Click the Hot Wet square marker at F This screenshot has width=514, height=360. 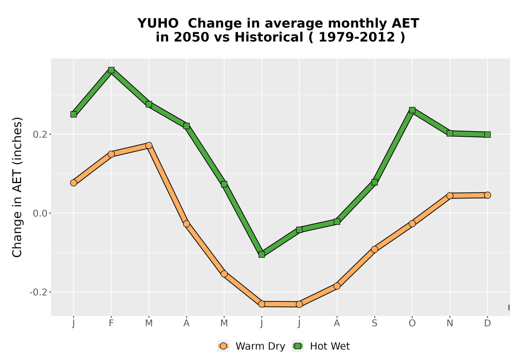[x=111, y=70]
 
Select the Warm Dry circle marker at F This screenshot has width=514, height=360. [x=111, y=154]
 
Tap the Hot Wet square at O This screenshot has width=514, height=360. [x=412, y=110]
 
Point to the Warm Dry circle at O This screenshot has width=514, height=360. [x=412, y=224]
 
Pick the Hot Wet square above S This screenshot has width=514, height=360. [x=374, y=182]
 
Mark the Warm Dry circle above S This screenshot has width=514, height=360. [x=374, y=249]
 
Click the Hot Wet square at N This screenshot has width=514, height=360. [x=450, y=133]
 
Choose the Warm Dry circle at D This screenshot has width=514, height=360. [x=487, y=195]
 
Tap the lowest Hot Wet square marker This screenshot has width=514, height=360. [x=262, y=255]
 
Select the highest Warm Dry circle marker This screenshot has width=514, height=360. [x=149, y=145]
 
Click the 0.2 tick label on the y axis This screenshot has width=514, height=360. [x=40, y=134]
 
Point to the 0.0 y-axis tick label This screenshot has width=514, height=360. [x=40, y=213]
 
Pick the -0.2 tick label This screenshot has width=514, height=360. [x=38, y=292]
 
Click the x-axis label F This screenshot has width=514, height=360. [x=111, y=323]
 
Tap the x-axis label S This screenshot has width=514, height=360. [x=374, y=323]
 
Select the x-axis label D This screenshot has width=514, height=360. [x=487, y=323]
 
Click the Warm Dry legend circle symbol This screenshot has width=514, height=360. [x=223, y=346]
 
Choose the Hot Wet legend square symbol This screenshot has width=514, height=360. [x=298, y=346]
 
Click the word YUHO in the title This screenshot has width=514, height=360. [x=158, y=24]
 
